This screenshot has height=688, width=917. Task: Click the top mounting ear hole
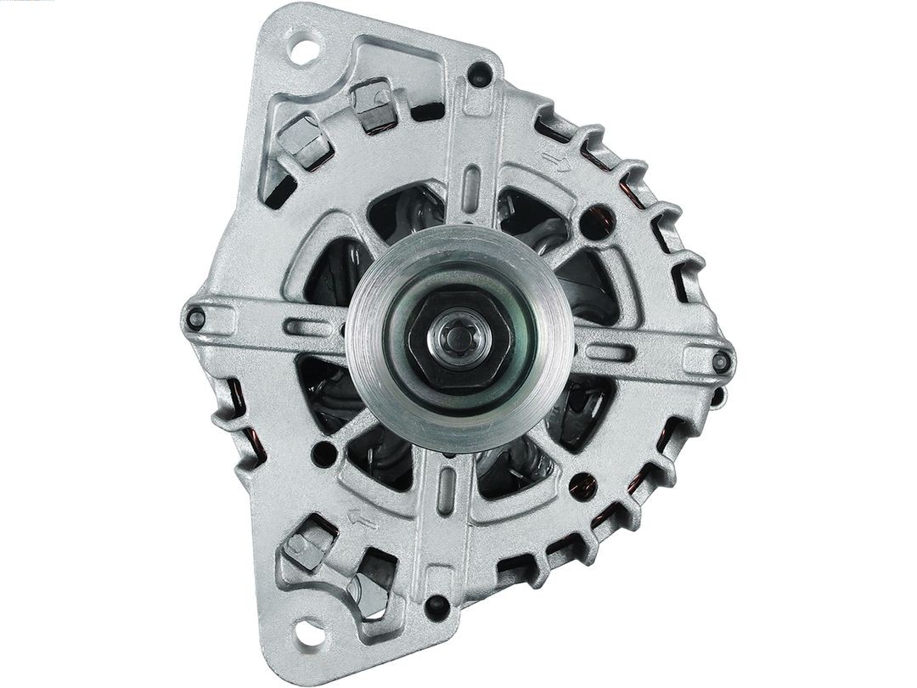pos(302,48)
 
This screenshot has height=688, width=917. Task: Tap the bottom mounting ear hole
pos(307,633)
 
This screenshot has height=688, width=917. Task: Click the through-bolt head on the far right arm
pos(721,362)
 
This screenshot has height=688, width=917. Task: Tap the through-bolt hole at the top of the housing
pos(480,73)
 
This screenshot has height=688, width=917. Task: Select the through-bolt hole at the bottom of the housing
pos(436,606)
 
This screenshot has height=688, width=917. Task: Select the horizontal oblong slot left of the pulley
pos(308,327)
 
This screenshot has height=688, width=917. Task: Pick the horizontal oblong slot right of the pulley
pos(605,352)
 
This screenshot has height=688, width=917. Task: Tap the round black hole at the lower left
pos(324,454)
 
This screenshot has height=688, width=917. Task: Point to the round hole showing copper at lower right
pos(582,485)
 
